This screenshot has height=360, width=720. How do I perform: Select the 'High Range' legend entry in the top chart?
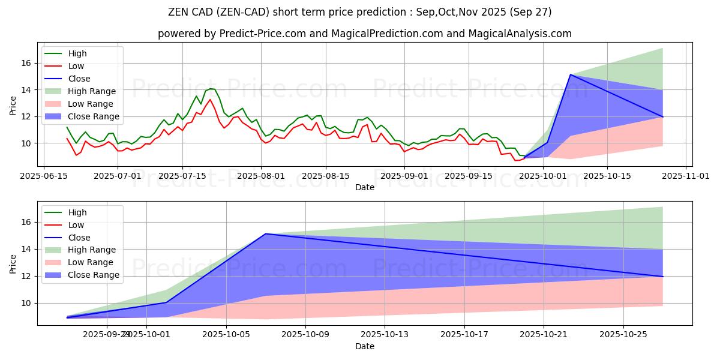coord(92,91)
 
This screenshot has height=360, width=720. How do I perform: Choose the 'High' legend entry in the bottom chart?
coord(77,212)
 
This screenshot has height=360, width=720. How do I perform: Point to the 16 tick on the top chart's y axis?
coord(28,63)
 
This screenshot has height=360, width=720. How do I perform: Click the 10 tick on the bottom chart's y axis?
coord(28,303)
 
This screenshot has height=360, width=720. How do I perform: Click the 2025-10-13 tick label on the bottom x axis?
coord(385,335)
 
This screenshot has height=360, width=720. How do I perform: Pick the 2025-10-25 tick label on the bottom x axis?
coord(624,335)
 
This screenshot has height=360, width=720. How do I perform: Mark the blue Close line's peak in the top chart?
coord(570,74)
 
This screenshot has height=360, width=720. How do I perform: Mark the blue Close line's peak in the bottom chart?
coord(266,234)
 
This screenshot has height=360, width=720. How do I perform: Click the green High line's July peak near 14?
coord(211,89)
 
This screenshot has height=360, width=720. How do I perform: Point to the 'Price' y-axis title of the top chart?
coord(13,106)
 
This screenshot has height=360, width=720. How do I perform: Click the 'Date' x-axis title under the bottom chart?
coord(364,346)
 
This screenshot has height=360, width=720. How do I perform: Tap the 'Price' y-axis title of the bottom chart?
coord(13,264)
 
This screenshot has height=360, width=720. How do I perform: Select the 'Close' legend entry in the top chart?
coord(79,79)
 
